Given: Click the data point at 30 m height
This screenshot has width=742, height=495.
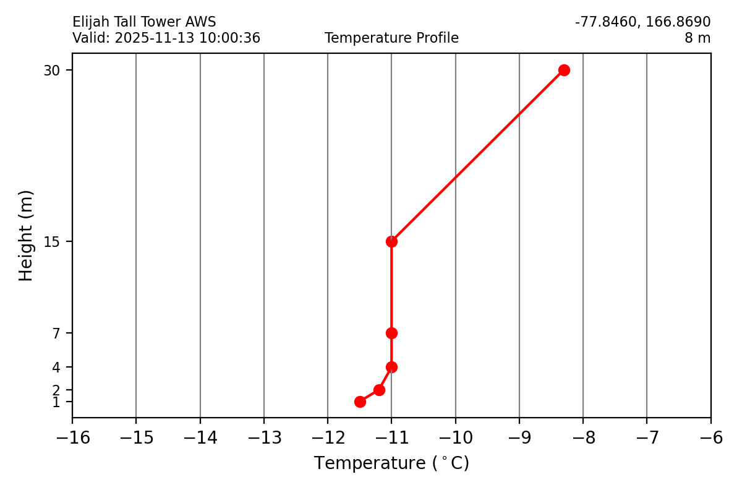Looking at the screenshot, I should (564, 70).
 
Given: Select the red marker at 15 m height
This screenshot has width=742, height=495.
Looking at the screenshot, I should (391, 241).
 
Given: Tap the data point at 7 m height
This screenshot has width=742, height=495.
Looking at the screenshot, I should (391, 333).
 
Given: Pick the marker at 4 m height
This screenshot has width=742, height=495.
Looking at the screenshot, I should (391, 367).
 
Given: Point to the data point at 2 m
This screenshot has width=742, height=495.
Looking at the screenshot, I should (379, 390).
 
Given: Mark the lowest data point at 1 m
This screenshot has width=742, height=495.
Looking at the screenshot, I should (360, 402).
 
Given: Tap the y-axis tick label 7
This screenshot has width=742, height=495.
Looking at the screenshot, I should (56, 334).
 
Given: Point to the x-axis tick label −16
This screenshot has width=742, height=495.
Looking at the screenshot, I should (72, 439).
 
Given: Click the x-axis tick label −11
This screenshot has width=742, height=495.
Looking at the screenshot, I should (391, 439).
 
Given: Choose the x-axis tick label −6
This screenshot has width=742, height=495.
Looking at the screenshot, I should (710, 439).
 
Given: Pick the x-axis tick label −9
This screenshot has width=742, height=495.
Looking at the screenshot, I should (519, 439).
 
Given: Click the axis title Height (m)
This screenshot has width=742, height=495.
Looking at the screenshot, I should (26, 235).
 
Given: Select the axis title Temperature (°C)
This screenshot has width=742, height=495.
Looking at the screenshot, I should (391, 463).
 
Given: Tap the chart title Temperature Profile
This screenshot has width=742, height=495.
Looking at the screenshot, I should (391, 38).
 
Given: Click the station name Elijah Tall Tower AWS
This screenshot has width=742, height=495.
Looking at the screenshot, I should (144, 22).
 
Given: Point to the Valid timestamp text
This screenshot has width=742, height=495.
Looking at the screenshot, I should (166, 38).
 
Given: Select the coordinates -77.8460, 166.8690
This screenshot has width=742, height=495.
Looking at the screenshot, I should (642, 22).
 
